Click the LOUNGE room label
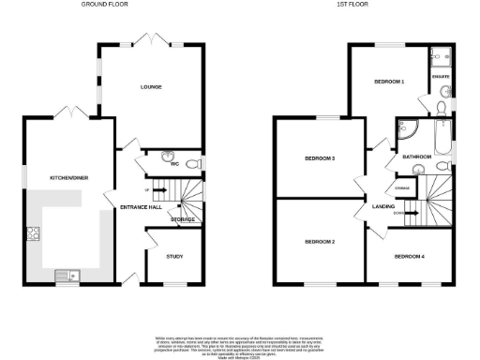click(x=152, y=87)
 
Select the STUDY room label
click(x=174, y=255)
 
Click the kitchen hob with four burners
click(x=33, y=233)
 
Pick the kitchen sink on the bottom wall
click(x=67, y=275)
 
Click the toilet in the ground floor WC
click(x=192, y=165)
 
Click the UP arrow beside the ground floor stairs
click(x=147, y=188)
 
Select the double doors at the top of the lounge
click(x=152, y=39)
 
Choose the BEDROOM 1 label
click(x=389, y=82)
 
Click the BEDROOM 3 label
click(x=320, y=158)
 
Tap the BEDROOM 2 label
click(x=320, y=242)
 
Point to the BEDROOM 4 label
click(x=409, y=256)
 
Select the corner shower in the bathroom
click(x=406, y=130)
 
